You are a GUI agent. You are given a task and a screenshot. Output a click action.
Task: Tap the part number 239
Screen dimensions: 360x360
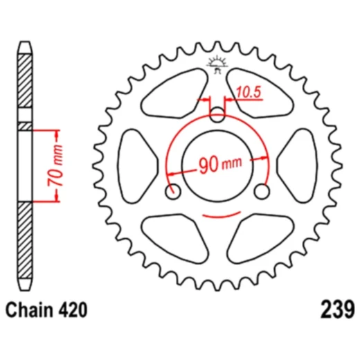(x=337, y=309)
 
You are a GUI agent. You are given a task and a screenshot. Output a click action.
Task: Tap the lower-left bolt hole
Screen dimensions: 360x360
(x=173, y=191)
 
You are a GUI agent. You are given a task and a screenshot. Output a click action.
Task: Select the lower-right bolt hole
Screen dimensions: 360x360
(x=264, y=191)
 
